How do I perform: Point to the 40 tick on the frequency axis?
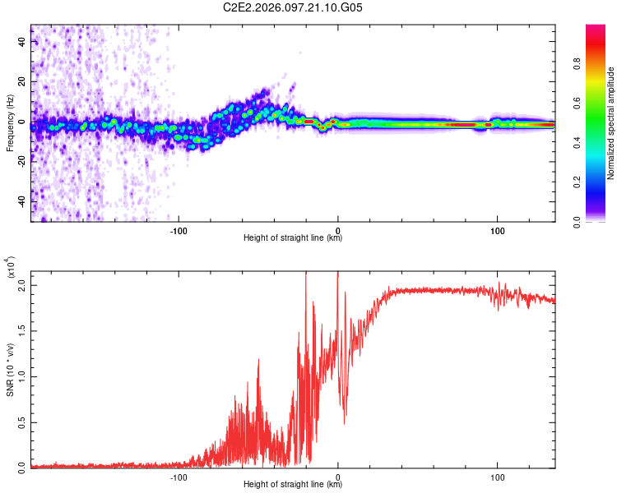[x=23, y=42]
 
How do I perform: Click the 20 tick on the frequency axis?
[x=23, y=82]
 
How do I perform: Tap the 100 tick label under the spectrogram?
[x=497, y=230]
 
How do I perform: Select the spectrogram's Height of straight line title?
[x=293, y=238]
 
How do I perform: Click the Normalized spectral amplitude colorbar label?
[x=611, y=123]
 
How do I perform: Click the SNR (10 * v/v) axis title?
[x=10, y=367]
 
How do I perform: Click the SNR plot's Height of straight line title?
[x=293, y=484]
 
